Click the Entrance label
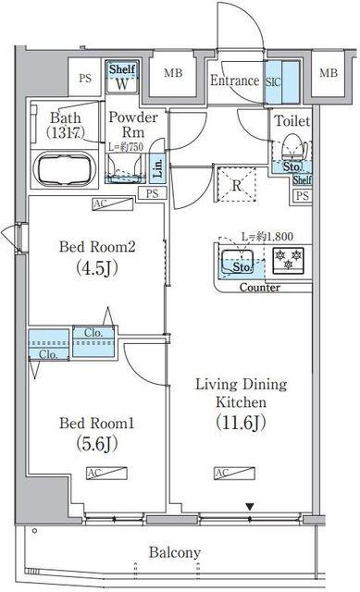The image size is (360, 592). pos(233,80)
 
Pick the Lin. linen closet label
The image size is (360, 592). pos(158,168)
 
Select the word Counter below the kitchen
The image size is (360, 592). pos(260,288)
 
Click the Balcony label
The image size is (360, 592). pos(175,553)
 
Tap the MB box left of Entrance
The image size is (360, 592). pos(172,74)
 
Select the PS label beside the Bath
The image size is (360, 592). pos(85,78)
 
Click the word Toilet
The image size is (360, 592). pos(291,121)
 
